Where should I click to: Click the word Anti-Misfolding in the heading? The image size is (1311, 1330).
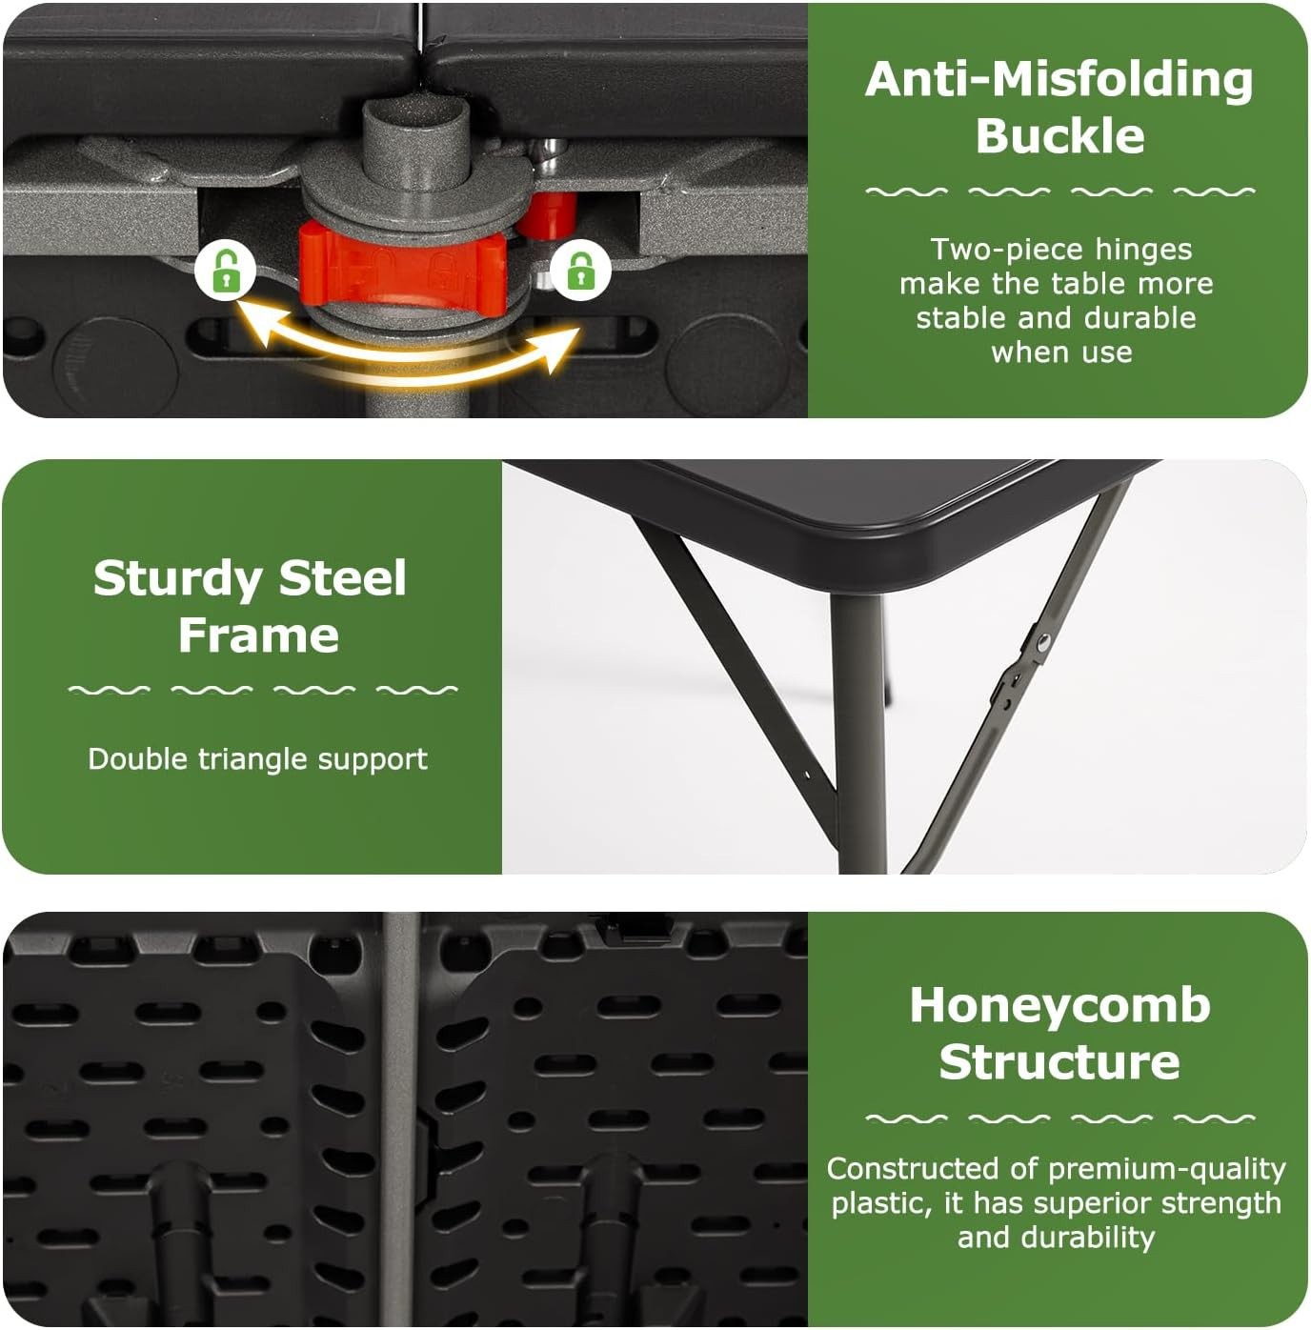(1059, 80)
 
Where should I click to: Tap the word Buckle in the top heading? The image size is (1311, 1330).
(1059, 135)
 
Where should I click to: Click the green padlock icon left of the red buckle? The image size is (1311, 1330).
(225, 270)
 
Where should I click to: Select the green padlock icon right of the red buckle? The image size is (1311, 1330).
(580, 270)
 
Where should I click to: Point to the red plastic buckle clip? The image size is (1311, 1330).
(402, 270)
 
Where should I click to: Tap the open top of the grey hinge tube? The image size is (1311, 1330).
(401, 114)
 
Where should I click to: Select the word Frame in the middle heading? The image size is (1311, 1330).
(259, 635)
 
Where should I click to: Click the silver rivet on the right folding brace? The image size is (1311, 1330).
(1043, 642)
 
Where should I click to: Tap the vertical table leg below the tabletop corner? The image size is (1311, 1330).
(860, 732)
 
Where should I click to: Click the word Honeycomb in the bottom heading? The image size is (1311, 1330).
(1060, 1005)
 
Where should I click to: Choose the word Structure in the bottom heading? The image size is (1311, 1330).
(1059, 1060)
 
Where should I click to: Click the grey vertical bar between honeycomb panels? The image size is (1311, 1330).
(400, 1118)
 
